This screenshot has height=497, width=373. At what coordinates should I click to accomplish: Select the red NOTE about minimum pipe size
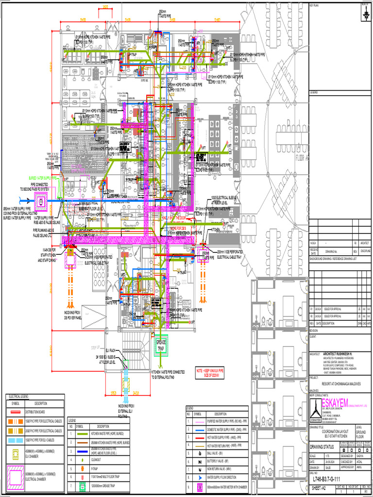(210, 371)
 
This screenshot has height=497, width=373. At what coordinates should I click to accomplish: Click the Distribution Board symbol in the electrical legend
(16, 411)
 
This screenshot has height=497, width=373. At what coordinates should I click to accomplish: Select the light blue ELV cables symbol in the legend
(16, 440)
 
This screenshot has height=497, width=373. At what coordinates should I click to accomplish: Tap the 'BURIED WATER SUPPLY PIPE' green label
(44, 178)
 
